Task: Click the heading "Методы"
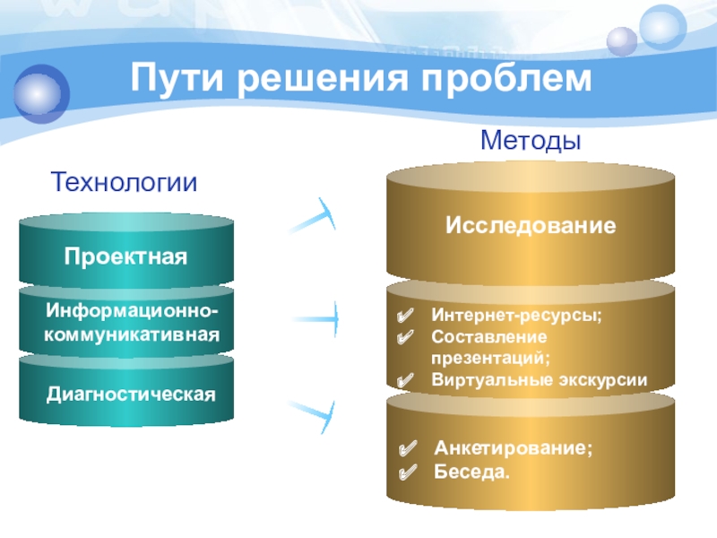tap(531, 142)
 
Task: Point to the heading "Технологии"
tap(124, 184)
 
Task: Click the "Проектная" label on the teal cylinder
tap(125, 257)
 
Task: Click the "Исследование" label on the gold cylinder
tap(531, 225)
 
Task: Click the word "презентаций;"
tap(485, 357)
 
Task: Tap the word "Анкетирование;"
tap(513, 447)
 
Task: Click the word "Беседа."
tap(471, 469)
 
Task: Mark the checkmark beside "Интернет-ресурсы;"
tap(405, 316)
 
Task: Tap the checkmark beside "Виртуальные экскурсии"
tap(405, 378)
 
